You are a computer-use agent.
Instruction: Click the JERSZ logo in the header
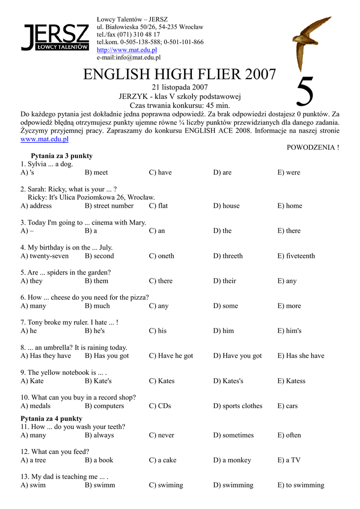click(55, 37)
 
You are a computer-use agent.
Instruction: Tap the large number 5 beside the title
click(305, 92)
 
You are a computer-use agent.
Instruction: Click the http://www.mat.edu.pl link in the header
click(127, 50)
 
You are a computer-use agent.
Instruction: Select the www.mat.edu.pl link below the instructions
click(44, 139)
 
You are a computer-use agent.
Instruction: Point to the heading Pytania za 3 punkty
click(62, 156)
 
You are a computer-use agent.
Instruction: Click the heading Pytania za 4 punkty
click(51, 419)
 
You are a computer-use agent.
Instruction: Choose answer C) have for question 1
click(160, 172)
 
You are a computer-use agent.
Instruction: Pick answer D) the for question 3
click(222, 231)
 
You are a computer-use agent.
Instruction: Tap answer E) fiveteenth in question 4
click(296, 256)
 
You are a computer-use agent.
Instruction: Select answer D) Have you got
click(237, 356)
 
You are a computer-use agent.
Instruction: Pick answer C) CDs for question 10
click(160, 406)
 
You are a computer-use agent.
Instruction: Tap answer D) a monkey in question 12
click(232, 460)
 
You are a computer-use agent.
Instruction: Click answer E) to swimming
click(300, 485)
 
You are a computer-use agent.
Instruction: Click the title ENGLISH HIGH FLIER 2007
click(179, 75)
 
